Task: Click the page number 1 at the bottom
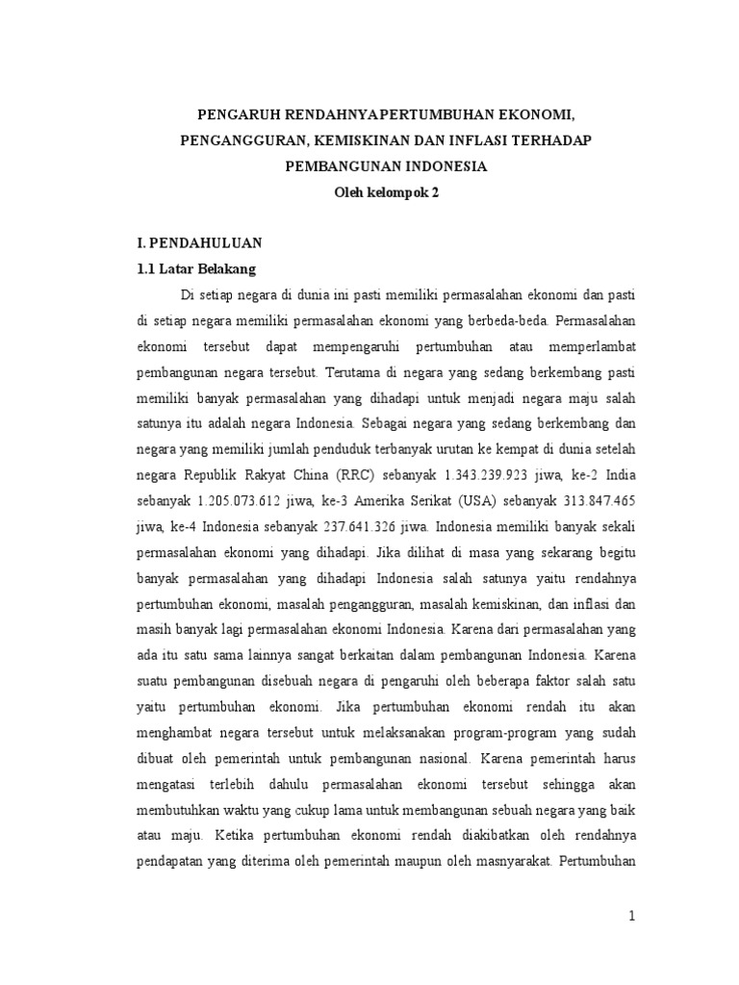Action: tap(632, 916)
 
